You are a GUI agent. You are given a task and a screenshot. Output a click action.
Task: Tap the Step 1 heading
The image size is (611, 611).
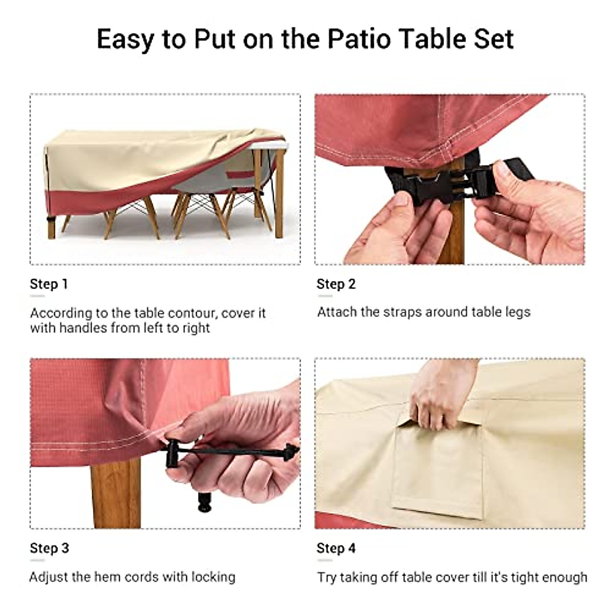pyautogui.click(x=49, y=284)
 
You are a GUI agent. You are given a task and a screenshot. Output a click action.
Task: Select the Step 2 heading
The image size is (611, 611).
pyautogui.click(x=336, y=284)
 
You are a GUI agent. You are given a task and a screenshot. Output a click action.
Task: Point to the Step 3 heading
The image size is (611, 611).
pyautogui.click(x=49, y=548)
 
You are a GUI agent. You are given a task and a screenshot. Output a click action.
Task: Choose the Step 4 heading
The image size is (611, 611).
pyautogui.click(x=336, y=548)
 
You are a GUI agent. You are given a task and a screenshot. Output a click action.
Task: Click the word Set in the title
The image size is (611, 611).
pyautogui.click(x=493, y=39)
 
